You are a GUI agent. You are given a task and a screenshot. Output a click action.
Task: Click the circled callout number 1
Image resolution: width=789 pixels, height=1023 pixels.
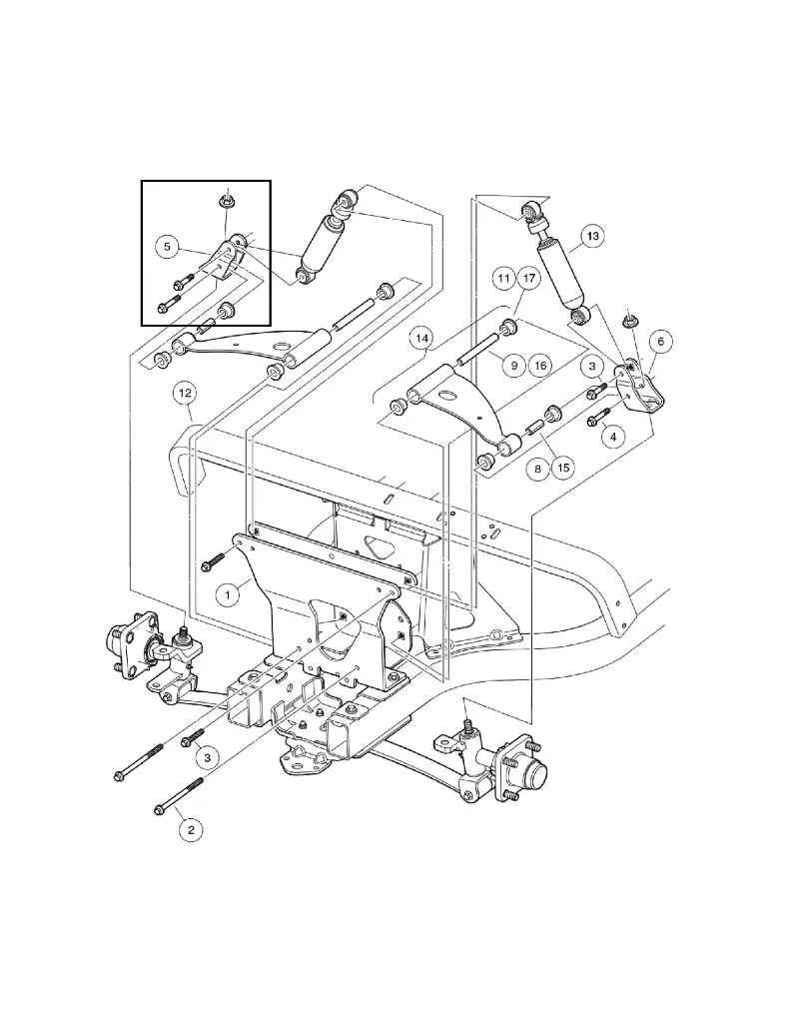point(228,594)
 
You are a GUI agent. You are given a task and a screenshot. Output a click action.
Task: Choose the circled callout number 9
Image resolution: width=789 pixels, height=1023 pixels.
point(512,366)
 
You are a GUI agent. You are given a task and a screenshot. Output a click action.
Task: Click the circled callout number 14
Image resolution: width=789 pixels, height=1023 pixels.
point(422,340)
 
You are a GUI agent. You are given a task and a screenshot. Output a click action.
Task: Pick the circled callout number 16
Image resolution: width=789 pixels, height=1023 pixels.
point(540,366)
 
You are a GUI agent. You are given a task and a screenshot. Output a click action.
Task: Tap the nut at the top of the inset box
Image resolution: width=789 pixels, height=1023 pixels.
point(226,202)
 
